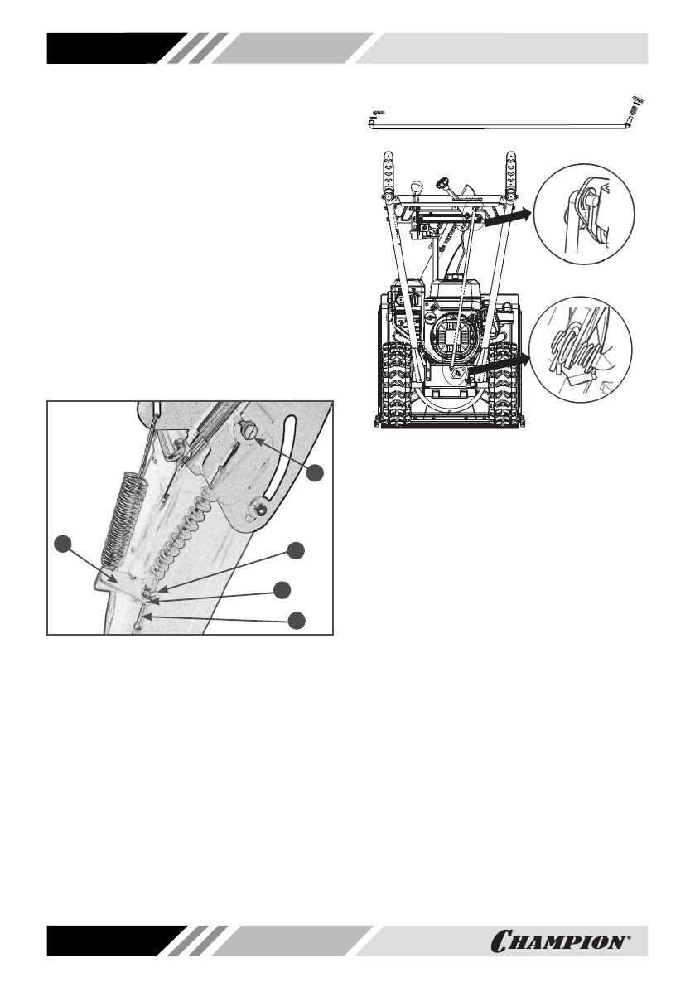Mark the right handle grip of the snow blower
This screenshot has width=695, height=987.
click(x=510, y=172)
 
